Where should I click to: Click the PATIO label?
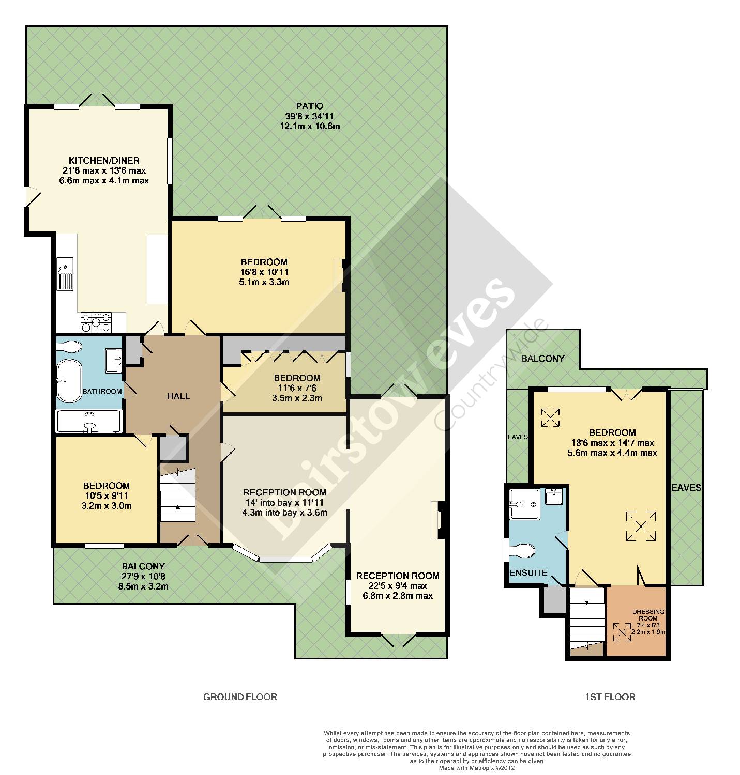309,105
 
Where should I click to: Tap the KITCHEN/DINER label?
104,161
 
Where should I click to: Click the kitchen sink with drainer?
65,274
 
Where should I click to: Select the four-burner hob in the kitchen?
96,322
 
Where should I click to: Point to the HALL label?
178,396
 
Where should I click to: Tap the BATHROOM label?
102,391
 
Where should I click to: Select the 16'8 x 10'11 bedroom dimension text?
264,272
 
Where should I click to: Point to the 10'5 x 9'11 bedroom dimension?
106,495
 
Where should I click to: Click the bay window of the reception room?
285,554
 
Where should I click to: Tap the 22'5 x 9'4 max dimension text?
398,586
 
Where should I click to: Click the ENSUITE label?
528,573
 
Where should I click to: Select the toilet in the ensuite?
522,550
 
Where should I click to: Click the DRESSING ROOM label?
648,615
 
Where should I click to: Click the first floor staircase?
587,621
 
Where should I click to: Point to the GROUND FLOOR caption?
240,697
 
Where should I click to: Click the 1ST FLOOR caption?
610,697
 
